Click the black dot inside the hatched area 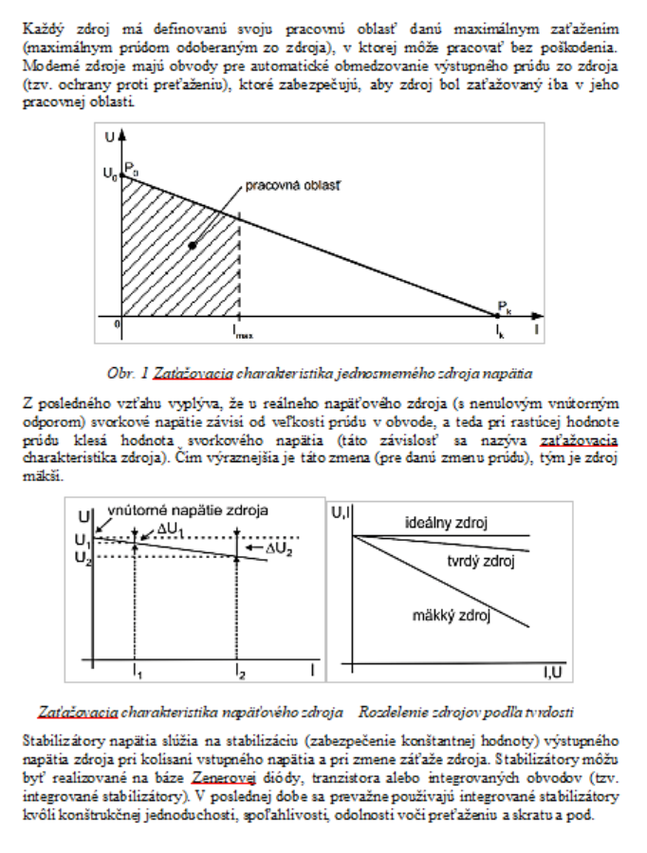click(x=194, y=245)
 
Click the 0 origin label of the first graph click(x=119, y=324)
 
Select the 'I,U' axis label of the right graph click(x=552, y=673)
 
